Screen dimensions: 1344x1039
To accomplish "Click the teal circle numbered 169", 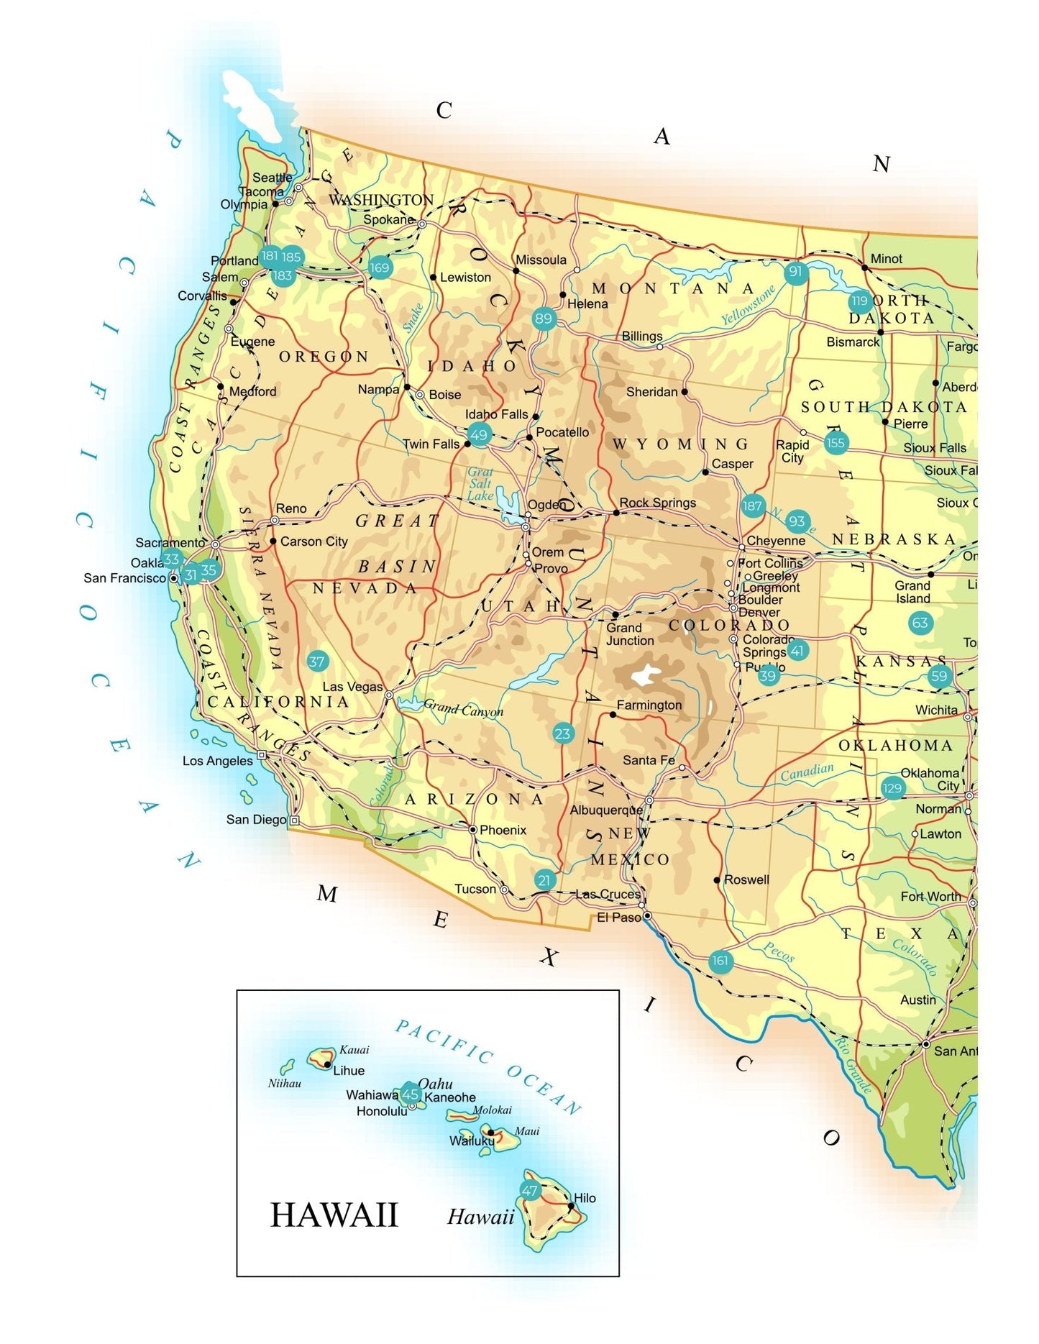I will [x=380, y=268].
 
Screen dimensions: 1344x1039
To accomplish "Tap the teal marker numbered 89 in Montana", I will [x=544, y=319].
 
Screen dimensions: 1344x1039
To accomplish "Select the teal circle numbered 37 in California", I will [x=317, y=661].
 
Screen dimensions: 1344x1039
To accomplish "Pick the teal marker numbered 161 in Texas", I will [x=720, y=961].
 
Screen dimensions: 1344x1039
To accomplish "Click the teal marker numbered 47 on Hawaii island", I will [x=530, y=1190].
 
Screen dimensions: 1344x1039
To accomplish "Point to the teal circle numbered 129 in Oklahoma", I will [x=892, y=787].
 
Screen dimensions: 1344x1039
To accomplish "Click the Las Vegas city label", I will [x=352, y=687].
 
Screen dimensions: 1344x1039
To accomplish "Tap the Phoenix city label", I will [x=503, y=830].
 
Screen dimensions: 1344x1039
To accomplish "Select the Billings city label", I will [x=641, y=336].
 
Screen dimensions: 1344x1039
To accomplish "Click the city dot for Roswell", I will [x=717, y=879].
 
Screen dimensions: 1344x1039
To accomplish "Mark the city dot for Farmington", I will [x=613, y=714].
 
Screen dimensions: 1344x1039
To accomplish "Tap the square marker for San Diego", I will [x=294, y=820].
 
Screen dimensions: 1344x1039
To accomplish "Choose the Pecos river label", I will [x=779, y=952].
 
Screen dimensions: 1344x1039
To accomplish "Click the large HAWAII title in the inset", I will [x=334, y=1215].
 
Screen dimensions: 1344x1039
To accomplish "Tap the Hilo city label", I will [x=585, y=1198].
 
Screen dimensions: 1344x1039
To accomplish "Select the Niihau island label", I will [x=284, y=1083].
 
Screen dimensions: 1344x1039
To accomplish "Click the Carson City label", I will [x=313, y=541].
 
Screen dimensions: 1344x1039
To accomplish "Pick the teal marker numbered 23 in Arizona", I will [x=562, y=733].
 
